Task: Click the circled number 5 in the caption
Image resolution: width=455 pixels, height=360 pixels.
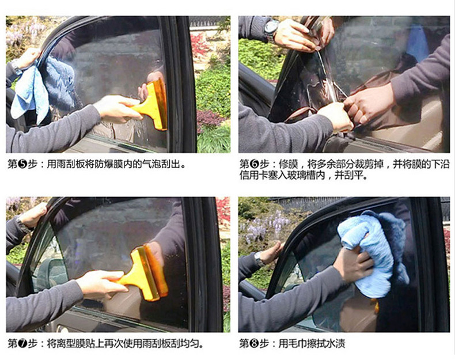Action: (22, 165)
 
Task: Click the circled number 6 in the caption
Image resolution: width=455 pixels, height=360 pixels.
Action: (254, 165)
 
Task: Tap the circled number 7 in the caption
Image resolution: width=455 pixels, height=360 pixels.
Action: (22, 344)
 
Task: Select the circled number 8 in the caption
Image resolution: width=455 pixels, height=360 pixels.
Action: (254, 344)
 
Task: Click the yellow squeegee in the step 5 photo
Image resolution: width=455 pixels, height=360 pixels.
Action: (151, 104)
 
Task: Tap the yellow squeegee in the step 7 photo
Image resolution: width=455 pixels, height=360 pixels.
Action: (145, 274)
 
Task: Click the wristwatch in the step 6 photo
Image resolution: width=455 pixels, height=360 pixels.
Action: (271, 29)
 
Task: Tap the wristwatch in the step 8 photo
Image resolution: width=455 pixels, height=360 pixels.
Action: (259, 259)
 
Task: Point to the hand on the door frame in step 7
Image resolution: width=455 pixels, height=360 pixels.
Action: (34, 215)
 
